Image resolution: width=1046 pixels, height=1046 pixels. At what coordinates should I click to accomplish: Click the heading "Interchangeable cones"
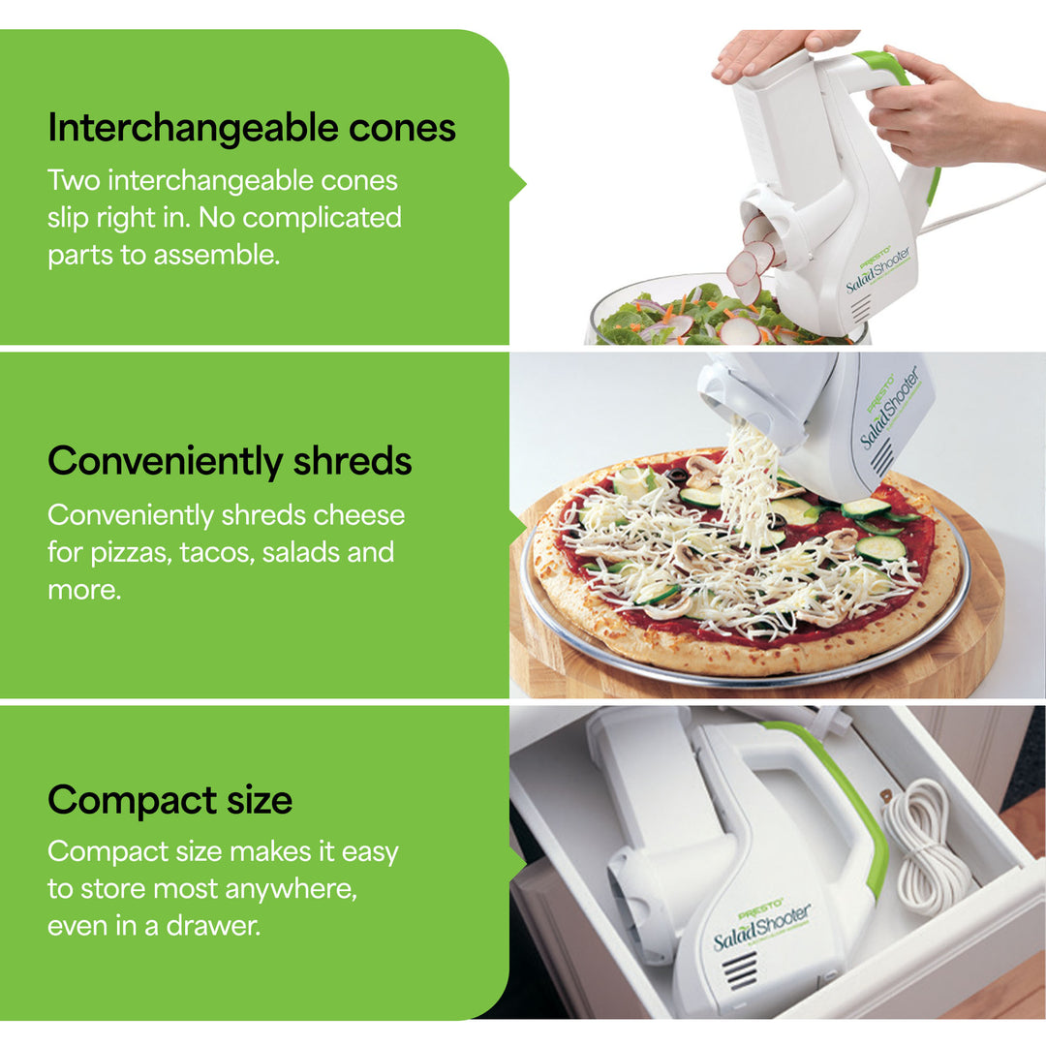pyautogui.click(x=252, y=128)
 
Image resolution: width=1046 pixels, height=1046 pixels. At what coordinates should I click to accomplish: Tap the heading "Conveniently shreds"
pyautogui.click(x=230, y=461)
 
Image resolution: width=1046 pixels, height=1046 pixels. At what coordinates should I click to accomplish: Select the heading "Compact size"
pyautogui.click(x=169, y=800)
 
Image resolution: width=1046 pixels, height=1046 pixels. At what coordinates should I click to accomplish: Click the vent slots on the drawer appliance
pyautogui.click(x=742, y=970)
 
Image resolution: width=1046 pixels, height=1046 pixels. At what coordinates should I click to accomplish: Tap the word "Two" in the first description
pyautogui.click(x=74, y=180)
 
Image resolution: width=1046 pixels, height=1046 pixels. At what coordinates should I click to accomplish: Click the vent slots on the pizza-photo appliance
pyautogui.click(x=881, y=457)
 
